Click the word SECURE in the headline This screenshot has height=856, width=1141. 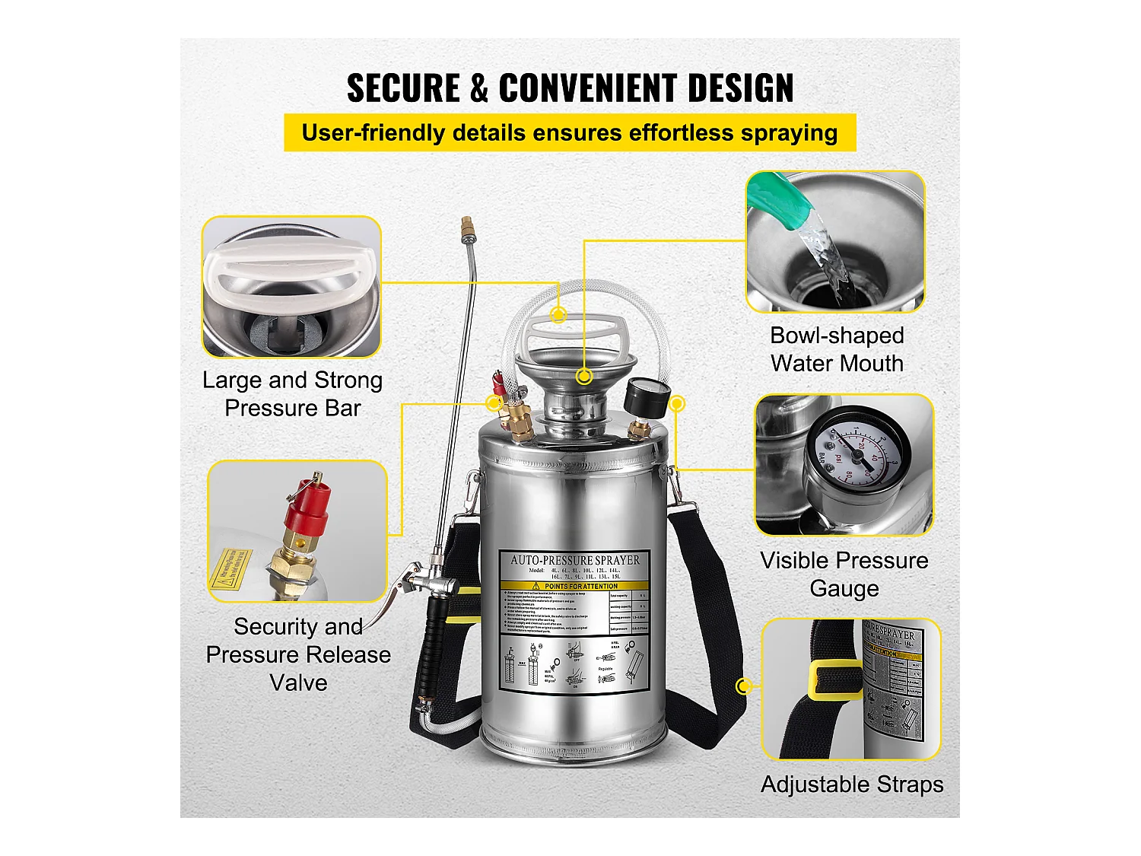(403, 88)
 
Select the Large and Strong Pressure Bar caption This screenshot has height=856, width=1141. (293, 394)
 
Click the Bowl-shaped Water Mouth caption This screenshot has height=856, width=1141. (837, 349)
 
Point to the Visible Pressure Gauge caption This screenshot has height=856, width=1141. (844, 574)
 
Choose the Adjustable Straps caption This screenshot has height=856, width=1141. (852, 784)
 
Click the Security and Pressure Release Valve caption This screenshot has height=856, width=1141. (298, 654)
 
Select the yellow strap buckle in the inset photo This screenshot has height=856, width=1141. (835, 679)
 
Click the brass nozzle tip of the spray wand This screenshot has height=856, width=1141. (466, 226)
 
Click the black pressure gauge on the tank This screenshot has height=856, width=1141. (647, 396)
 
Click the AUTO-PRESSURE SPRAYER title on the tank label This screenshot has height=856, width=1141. (575, 560)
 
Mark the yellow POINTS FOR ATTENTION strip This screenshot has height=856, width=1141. (575, 587)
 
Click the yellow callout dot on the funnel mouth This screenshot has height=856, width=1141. (584, 376)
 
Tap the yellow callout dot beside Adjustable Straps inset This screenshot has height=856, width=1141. (744, 686)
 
